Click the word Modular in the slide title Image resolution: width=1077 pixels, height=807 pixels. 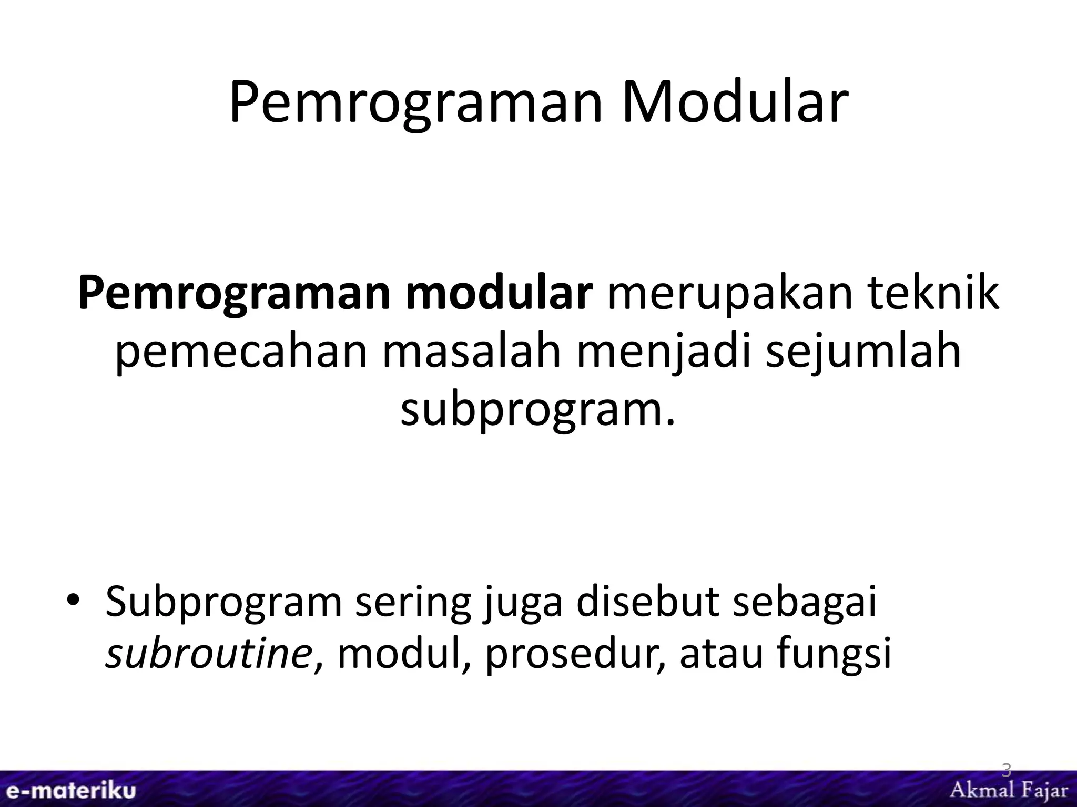735,103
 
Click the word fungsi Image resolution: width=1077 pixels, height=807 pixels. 837,656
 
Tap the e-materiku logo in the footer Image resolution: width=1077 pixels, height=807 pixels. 68,791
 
